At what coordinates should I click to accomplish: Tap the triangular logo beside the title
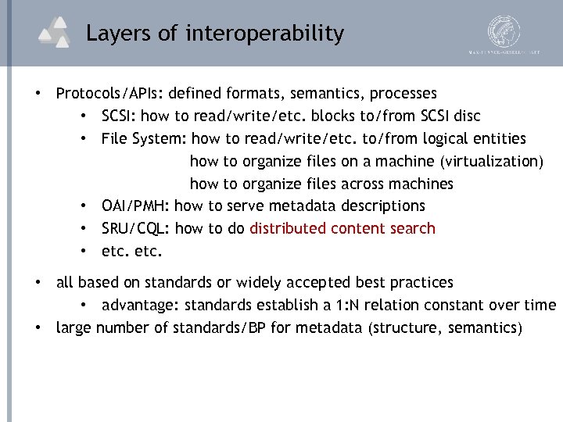pos(57,34)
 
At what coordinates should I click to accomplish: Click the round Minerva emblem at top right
pos(504,30)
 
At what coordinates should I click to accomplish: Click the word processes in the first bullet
pos(403,94)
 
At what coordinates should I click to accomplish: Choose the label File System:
pos(144,139)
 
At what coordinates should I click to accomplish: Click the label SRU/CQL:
pos(136,229)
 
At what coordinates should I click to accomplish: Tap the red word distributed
pos(288,229)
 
